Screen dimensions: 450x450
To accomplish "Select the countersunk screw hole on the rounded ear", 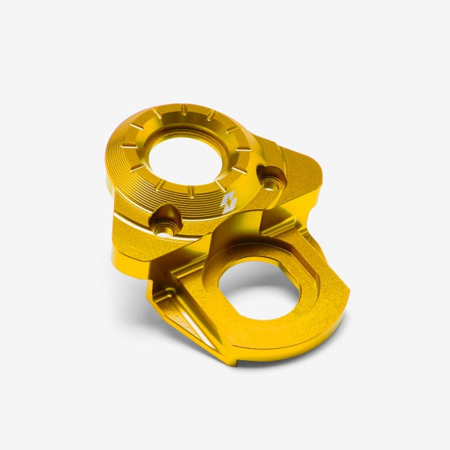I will point(271,178).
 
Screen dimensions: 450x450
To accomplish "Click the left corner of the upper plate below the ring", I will point(120,240).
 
